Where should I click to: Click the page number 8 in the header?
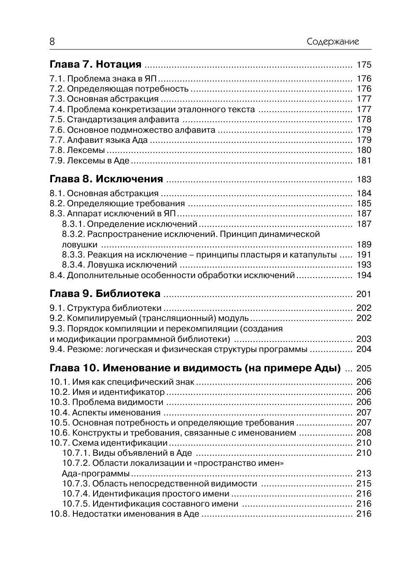pos(52,42)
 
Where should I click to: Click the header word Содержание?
pos(333,42)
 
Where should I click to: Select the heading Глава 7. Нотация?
pos(96,64)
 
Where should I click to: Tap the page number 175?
pos(364,65)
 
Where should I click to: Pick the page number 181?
pos(364,160)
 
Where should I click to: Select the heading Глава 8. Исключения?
pos(106,179)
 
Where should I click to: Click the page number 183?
pos(364,179)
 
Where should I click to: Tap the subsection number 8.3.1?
pos(73,224)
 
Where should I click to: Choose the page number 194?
pos(364,275)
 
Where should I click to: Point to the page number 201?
pos(364,294)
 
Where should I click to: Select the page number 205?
pos(364,368)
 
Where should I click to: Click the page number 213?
pos(364,473)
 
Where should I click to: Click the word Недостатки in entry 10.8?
pos(94,514)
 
